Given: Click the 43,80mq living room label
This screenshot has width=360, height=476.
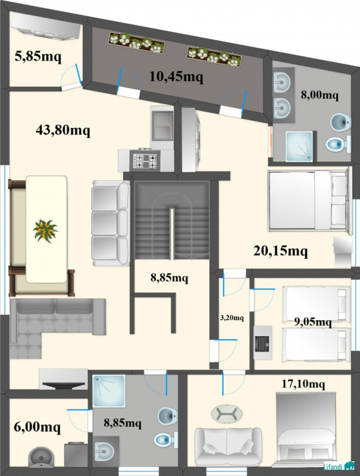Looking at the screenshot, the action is (x=63, y=130).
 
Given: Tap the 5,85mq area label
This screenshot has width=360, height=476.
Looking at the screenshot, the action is (x=38, y=56).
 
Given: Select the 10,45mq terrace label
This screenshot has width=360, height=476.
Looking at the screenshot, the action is (x=176, y=77).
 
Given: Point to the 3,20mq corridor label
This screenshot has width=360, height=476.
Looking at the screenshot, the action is (x=231, y=318).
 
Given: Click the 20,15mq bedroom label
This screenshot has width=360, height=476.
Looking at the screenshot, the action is (x=280, y=251).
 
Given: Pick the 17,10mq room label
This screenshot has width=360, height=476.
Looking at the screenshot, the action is (x=303, y=384).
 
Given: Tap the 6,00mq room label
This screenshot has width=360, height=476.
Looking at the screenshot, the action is (x=37, y=427).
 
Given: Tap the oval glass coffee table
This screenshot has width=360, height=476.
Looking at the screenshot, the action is (x=227, y=414).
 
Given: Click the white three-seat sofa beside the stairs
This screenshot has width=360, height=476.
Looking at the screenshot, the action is (x=111, y=223).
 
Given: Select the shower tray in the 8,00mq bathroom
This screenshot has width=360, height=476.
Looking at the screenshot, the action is (x=299, y=146).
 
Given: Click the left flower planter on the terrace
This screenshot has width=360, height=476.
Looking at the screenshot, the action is (x=136, y=42).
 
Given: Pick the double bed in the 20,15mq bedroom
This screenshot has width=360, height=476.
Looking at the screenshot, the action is (x=308, y=201).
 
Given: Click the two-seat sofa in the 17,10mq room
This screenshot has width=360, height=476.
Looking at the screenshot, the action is (x=228, y=446).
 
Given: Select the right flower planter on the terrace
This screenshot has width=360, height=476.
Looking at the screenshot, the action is (x=215, y=57).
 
